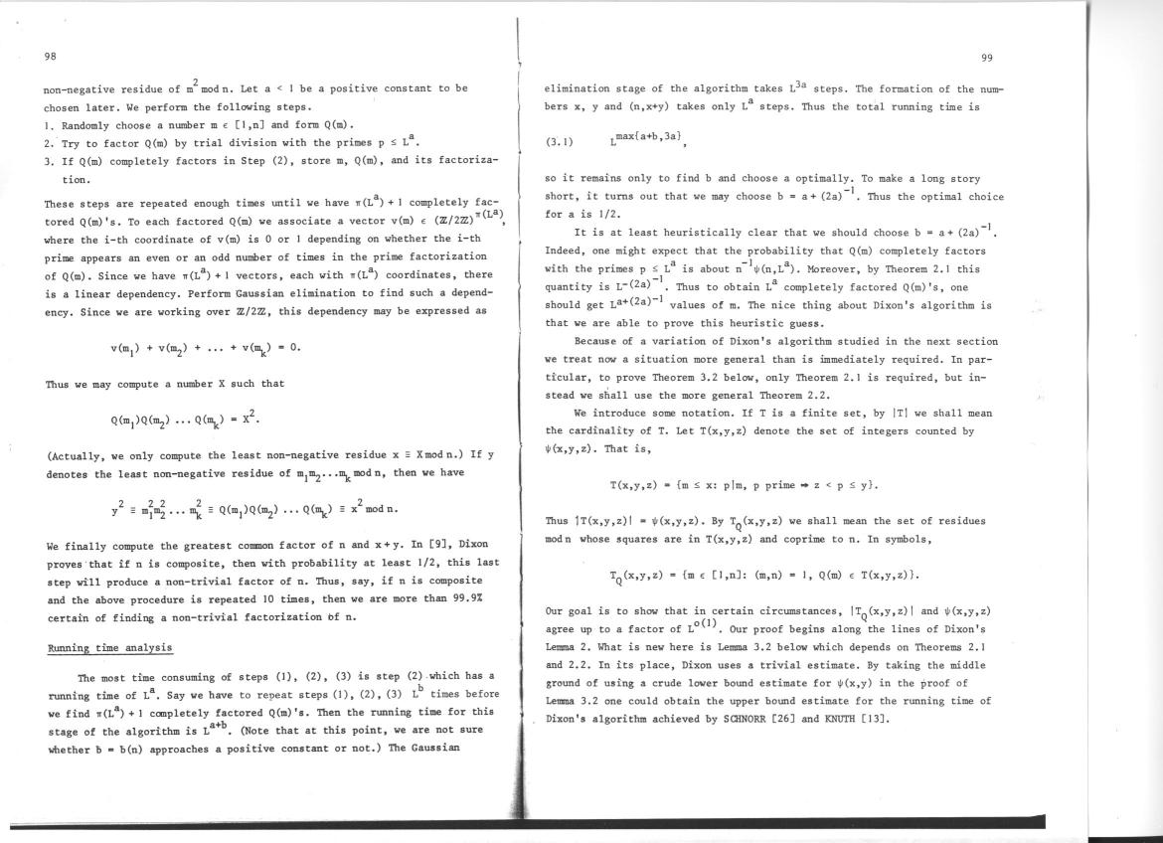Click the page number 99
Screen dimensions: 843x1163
pos(986,58)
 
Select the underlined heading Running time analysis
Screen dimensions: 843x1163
pos(110,648)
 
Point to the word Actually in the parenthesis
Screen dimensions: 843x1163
pos(81,456)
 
